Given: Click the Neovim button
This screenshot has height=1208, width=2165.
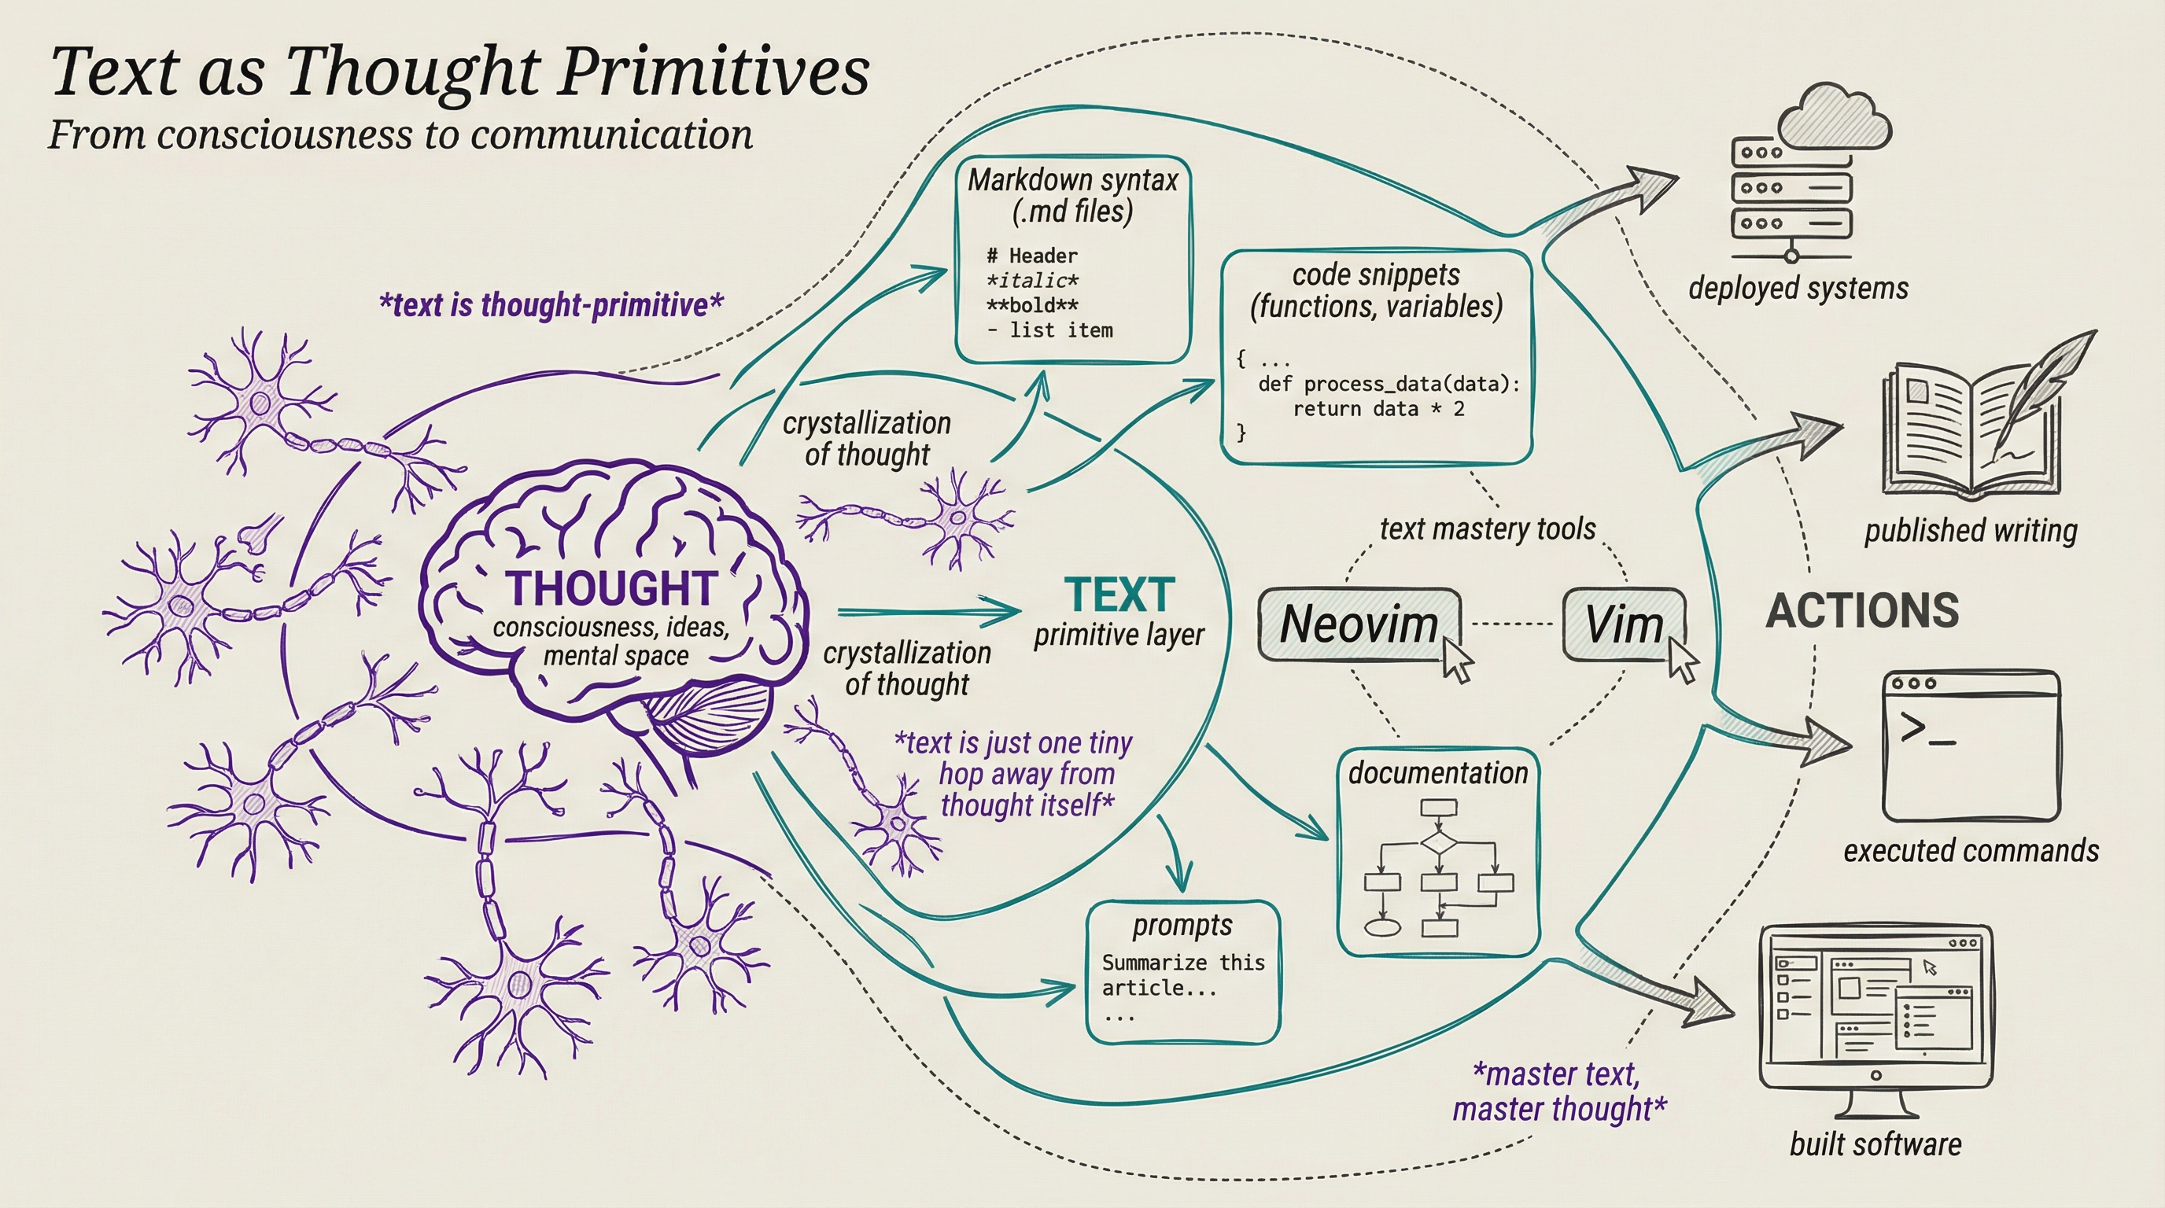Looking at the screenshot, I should [1359, 625].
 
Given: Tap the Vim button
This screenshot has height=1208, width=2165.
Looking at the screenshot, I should [1624, 625].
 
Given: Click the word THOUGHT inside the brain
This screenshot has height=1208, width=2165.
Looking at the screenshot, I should [611, 588].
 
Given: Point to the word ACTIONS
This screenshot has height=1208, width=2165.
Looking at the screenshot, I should [1862, 611].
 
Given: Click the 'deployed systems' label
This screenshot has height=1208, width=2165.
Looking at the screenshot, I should [1798, 288].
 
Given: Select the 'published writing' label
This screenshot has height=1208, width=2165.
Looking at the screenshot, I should [1971, 530].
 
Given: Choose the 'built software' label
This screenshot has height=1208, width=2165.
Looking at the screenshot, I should [1875, 1144].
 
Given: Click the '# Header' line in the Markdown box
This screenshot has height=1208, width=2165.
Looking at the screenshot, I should [1032, 256].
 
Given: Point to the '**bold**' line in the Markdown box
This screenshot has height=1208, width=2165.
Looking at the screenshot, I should [1032, 305].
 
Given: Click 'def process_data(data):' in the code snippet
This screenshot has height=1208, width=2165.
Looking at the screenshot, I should [1389, 384].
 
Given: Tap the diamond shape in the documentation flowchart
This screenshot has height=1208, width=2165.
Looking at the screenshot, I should [1438, 841].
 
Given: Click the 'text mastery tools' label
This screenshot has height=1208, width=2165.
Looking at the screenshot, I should [1488, 529].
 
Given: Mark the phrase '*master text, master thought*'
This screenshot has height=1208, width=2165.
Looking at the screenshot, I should [1559, 1092].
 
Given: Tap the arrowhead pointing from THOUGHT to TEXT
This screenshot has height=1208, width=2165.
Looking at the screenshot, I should [1007, 613].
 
